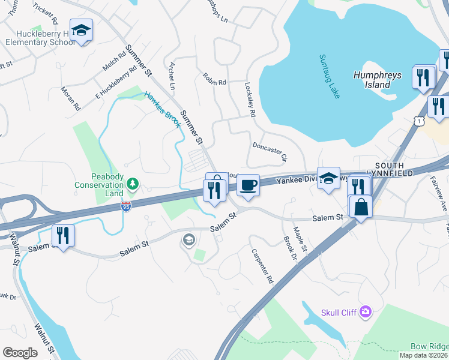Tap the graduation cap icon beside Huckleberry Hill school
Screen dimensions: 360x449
click(x=81, y=30)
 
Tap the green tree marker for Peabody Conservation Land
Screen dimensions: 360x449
click(x=133, y=184)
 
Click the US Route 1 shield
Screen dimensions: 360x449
click(x=420, y=121)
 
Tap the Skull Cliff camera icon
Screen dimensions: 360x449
click(x=366, y=310)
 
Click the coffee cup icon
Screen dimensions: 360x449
click(x=248, y=185)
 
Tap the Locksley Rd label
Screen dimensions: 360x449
click(x=251, y=99)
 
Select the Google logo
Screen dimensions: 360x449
click(x=20, y=353)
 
